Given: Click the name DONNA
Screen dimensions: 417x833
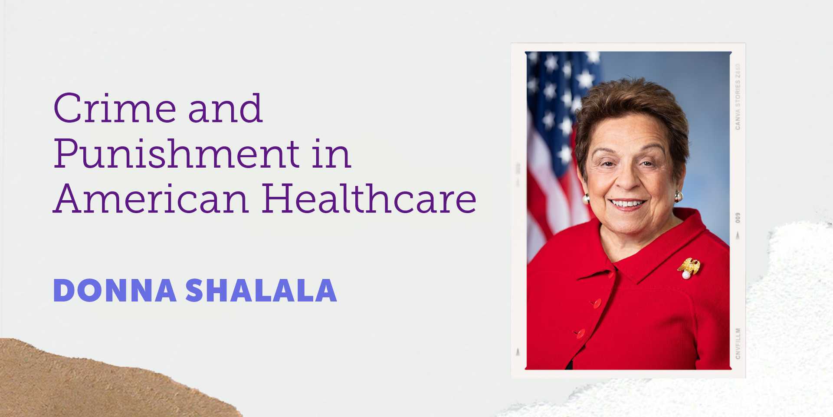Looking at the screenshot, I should pyautogui.click(x=115, y=291).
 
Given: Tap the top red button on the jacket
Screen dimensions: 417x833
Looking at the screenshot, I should pyautogui.click(x=597, y=303).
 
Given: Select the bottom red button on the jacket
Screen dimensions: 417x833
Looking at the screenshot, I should pyautogui.click(x=580, y=333).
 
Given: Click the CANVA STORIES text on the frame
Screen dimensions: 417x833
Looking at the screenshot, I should pyautogui.click(x=738, y=97).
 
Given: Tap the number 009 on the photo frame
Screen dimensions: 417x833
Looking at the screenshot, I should pyautogui.click(x=738, y=218).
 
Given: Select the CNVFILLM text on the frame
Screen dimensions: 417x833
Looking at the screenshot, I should pyautogui.click(x=738, y=343).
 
